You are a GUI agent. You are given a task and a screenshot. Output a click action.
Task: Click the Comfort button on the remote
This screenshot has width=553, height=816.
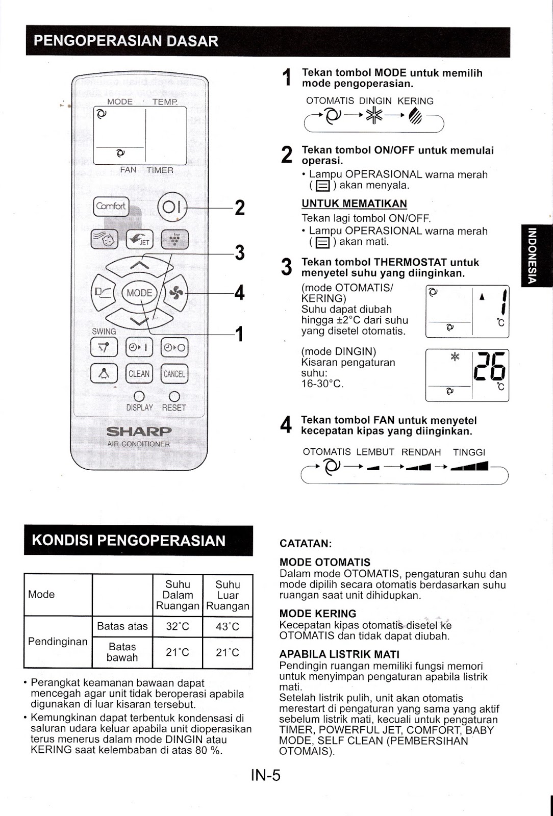pyautogui.click(x=111, y=206)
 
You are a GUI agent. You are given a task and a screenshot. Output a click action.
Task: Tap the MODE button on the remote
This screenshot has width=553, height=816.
pyautogui.click(x=139, y=293)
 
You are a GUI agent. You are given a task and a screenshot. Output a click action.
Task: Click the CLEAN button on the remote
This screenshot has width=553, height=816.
pyautogui.click(x=139, y=374)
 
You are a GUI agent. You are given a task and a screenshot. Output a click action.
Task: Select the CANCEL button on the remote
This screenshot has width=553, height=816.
pyautogui.click(x=174, y=374)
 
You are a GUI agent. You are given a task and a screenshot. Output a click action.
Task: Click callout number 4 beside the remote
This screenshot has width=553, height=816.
pyautogui.click(x=239, y=293)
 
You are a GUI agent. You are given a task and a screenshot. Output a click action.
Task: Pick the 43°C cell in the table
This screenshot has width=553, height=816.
pyautogui.click(x=228, y=627)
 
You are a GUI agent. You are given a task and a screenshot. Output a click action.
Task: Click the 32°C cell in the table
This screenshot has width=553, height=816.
pyautogui.click(x=178, y=627)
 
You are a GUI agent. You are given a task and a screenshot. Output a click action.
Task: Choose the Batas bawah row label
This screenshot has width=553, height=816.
pyautogui.click(x=122, y=652)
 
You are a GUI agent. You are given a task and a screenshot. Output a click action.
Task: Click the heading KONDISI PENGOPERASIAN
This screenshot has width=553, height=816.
pyautogui.click(x=129, y=541)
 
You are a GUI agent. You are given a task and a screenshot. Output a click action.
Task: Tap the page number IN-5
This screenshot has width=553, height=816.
pyautogui.click(x=266, y=776)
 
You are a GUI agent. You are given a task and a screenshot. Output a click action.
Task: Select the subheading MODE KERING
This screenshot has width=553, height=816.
pyautogui.click(x=318, y=614)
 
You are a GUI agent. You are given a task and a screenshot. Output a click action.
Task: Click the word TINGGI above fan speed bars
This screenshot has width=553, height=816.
pyautogui.click(x=469, y=452)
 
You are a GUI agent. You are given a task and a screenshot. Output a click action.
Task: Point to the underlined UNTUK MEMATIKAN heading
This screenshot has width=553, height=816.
pyautogui.click(x=354, y=203)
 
